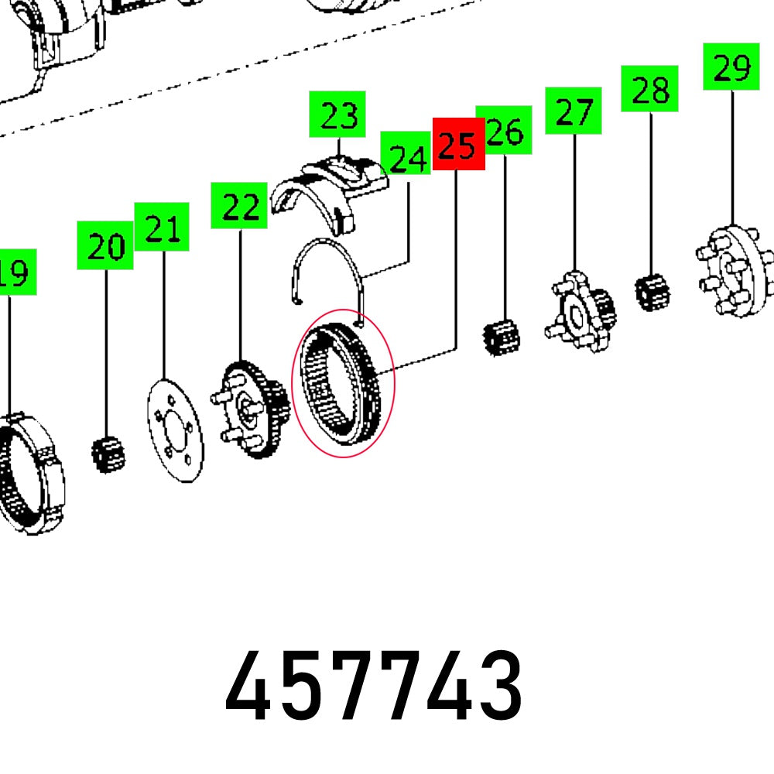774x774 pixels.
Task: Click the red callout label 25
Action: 458,144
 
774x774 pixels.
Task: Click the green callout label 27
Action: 574,112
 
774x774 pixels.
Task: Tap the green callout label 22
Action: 240,205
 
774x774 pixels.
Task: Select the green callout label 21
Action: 163,227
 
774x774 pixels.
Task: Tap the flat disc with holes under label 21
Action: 175,430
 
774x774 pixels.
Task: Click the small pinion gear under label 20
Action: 108,454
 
